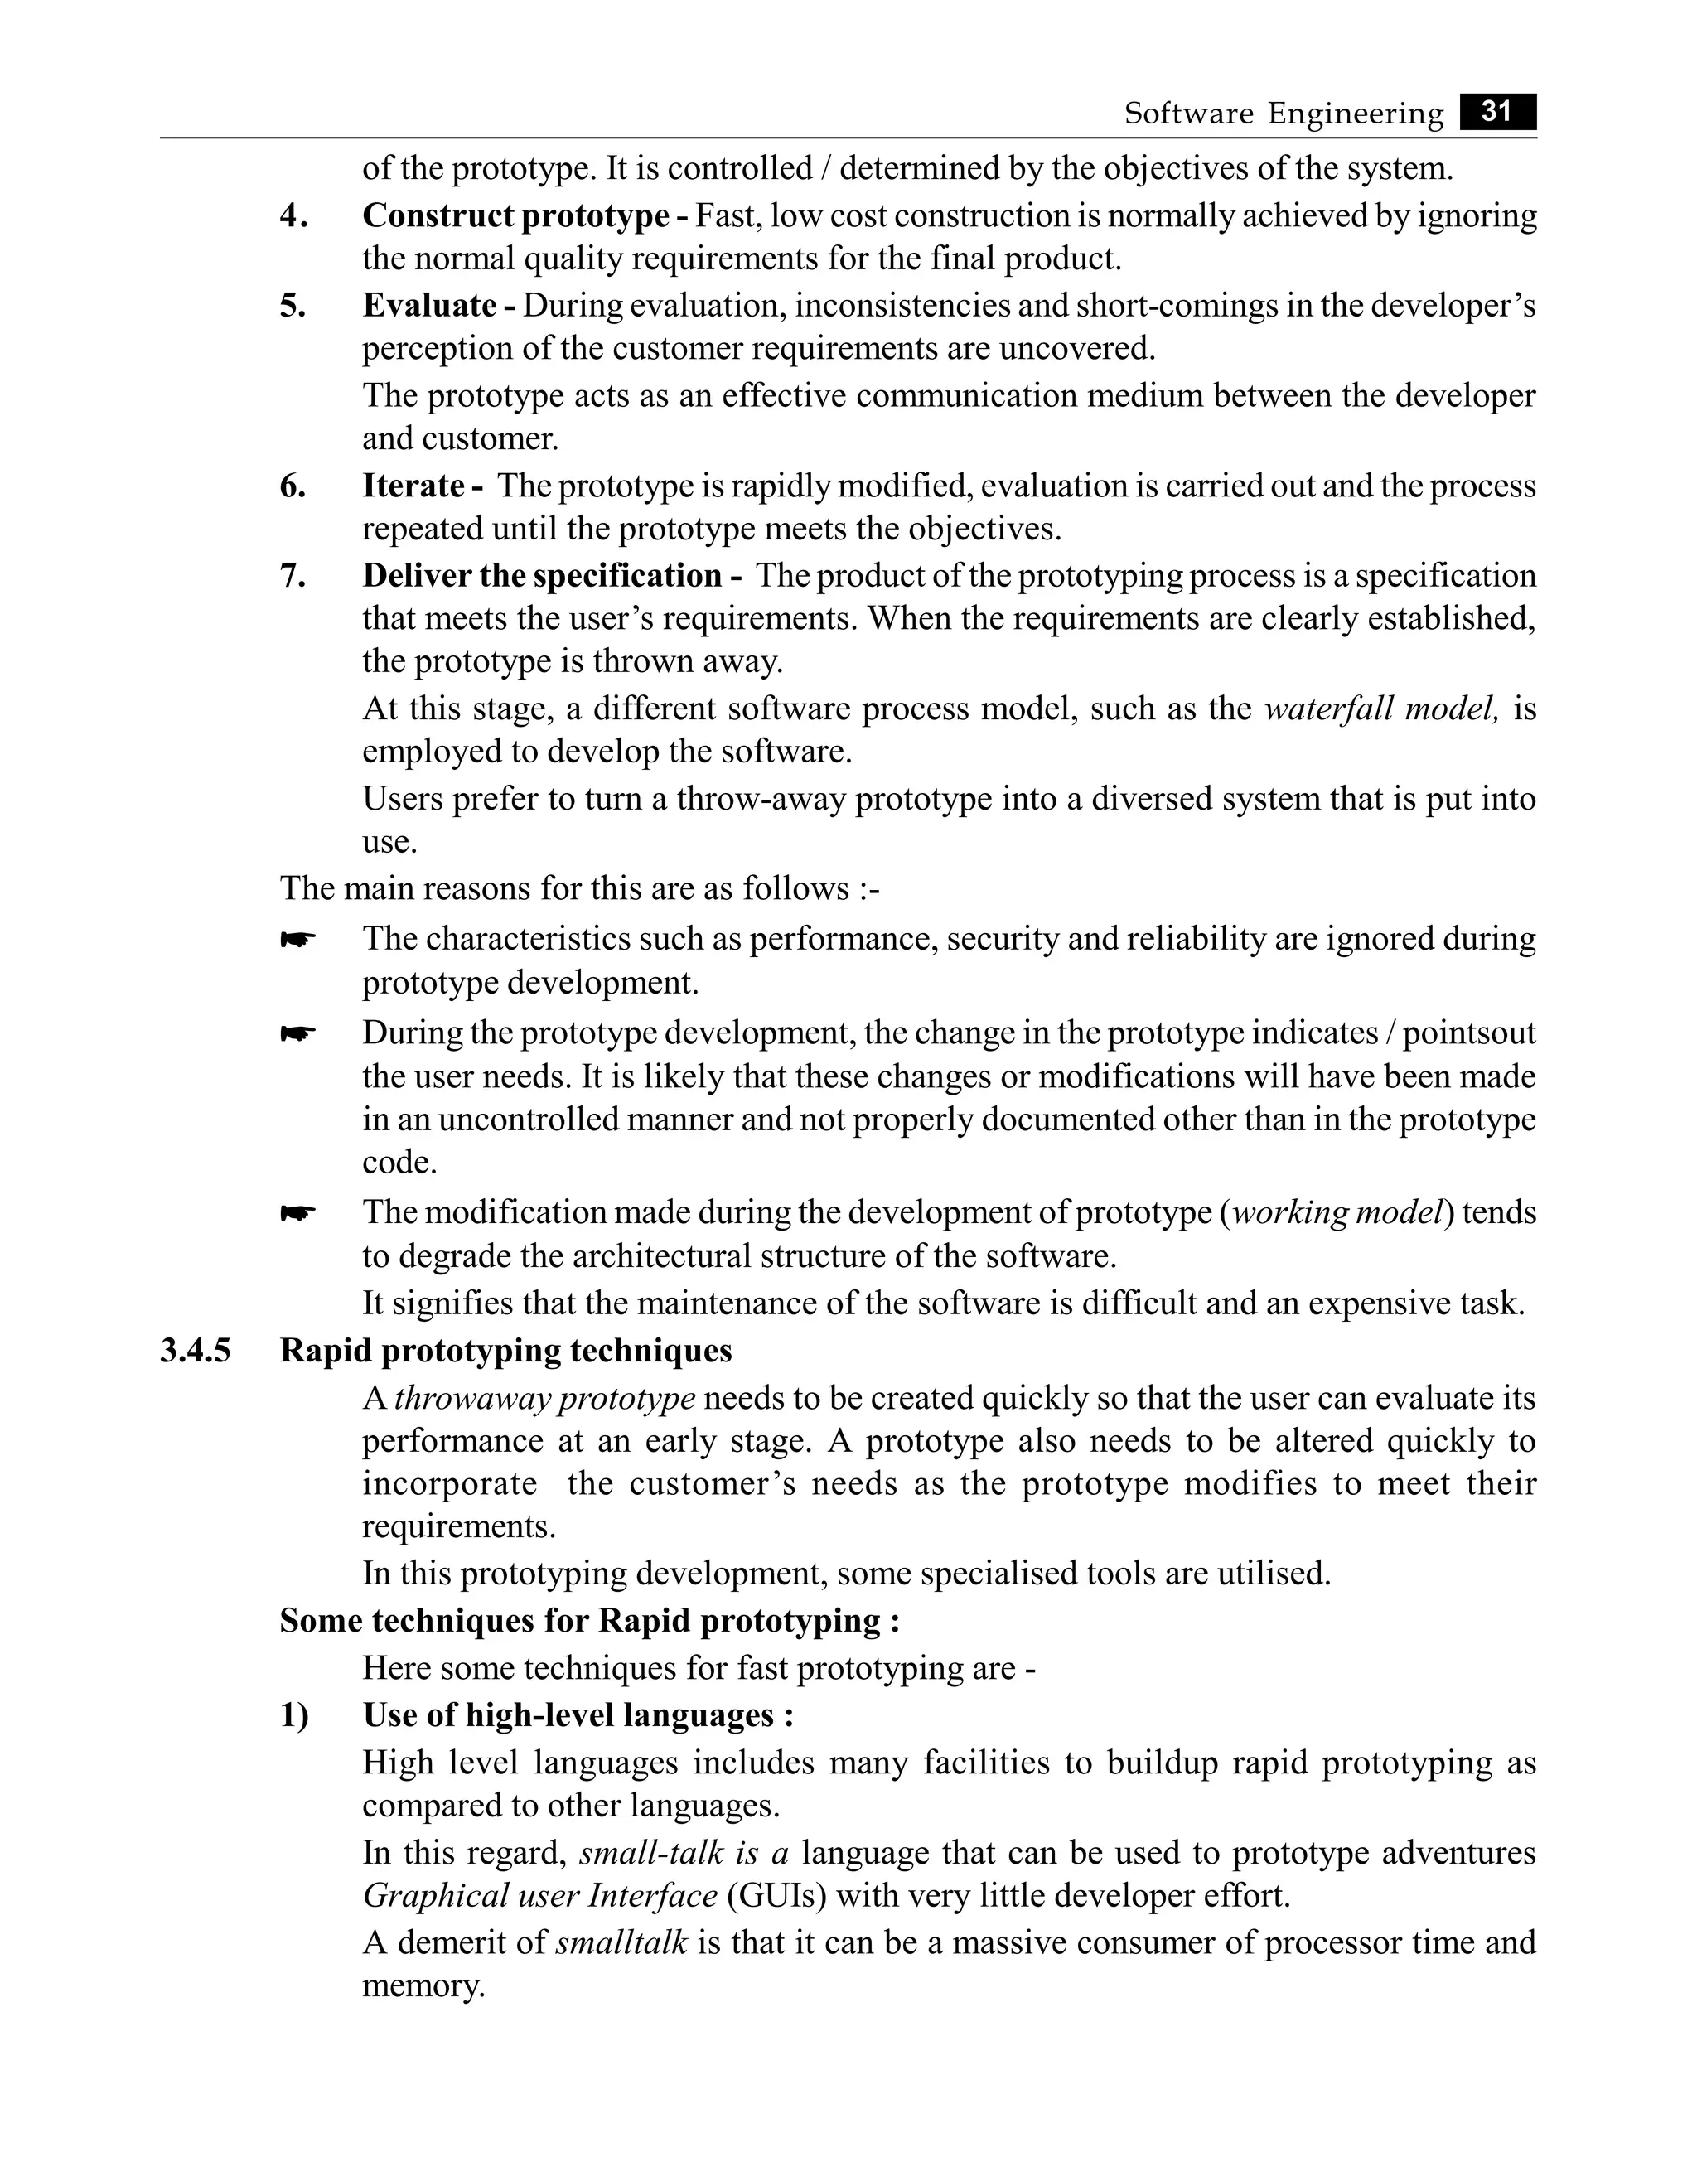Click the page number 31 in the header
(x=1496, y=111)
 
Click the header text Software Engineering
(x=1283, y=114)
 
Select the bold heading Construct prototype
(x=515, y=215)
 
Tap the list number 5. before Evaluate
(x=293, y=306)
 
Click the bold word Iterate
(x=413, y=486)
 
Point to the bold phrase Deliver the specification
(x=541, y=575)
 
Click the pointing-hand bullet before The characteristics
(x=297, y=939)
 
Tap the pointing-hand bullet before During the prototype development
(x=297, y=1034)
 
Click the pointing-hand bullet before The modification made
(x=297, y=1213)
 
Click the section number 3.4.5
(x=195, y=1352)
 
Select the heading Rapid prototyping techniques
(x=505, y=1352)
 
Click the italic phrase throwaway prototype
(x=544, y=1399)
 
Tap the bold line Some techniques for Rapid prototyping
(x=589, y=1622)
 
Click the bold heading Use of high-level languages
(x=578, y=1716)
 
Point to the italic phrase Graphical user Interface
(x=539, y=1896)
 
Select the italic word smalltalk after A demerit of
(x=621, y=1942)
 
